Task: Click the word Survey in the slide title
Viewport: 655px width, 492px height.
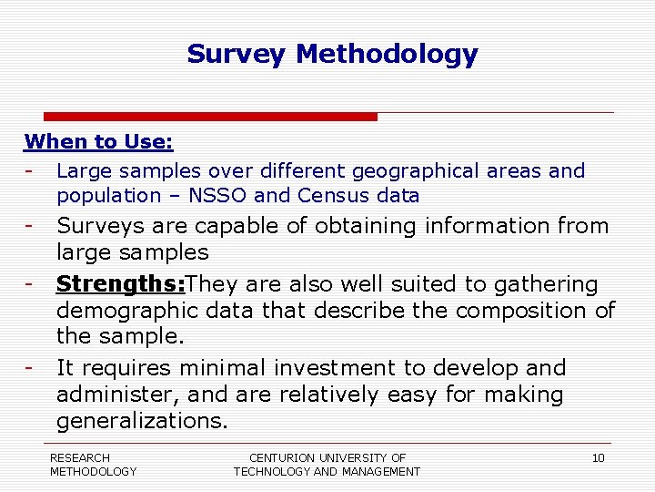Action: (x=237, y=55)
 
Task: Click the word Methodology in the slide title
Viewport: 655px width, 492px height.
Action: (x=387, y=55)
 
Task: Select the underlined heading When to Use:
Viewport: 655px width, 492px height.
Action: (x=99, y=142)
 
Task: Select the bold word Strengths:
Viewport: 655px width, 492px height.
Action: (x=120, y=284)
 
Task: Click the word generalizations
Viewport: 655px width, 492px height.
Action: (x=142, y=421)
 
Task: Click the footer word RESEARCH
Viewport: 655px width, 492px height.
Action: (x=80, y=457)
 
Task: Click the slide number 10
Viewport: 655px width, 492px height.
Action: (x=598, y=458)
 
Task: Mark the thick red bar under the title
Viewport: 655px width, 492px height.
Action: (x=210, y=117)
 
